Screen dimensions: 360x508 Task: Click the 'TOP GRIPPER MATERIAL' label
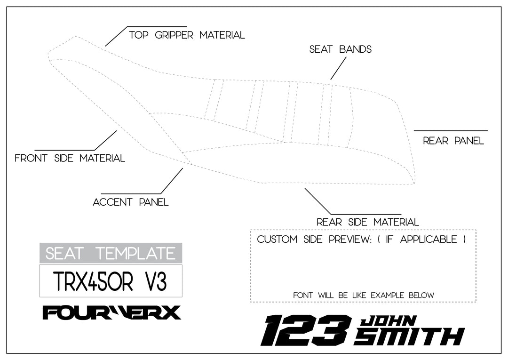point(187,35)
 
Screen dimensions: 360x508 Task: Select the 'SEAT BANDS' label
point(340,49)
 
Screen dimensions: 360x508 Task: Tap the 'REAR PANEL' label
point(453,141)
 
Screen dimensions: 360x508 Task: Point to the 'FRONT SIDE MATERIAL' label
point(70,159)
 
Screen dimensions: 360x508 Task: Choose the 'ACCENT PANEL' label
point(130,202)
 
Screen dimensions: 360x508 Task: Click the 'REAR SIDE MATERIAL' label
point(367,222)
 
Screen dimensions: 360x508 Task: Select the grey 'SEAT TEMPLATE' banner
point(111,253)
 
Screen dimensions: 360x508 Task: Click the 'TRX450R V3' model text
point(111,281)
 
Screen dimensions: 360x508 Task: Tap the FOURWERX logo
point(111,312)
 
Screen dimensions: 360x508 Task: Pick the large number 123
point(306,330)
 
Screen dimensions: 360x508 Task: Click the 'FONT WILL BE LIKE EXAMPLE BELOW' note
point(363,296)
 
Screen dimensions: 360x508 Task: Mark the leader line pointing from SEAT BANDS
point(338,69)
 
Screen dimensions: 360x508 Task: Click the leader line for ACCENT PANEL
point(172,181)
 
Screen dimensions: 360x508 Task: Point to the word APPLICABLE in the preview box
point(428,240)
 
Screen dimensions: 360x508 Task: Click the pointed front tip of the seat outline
point(49,56)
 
